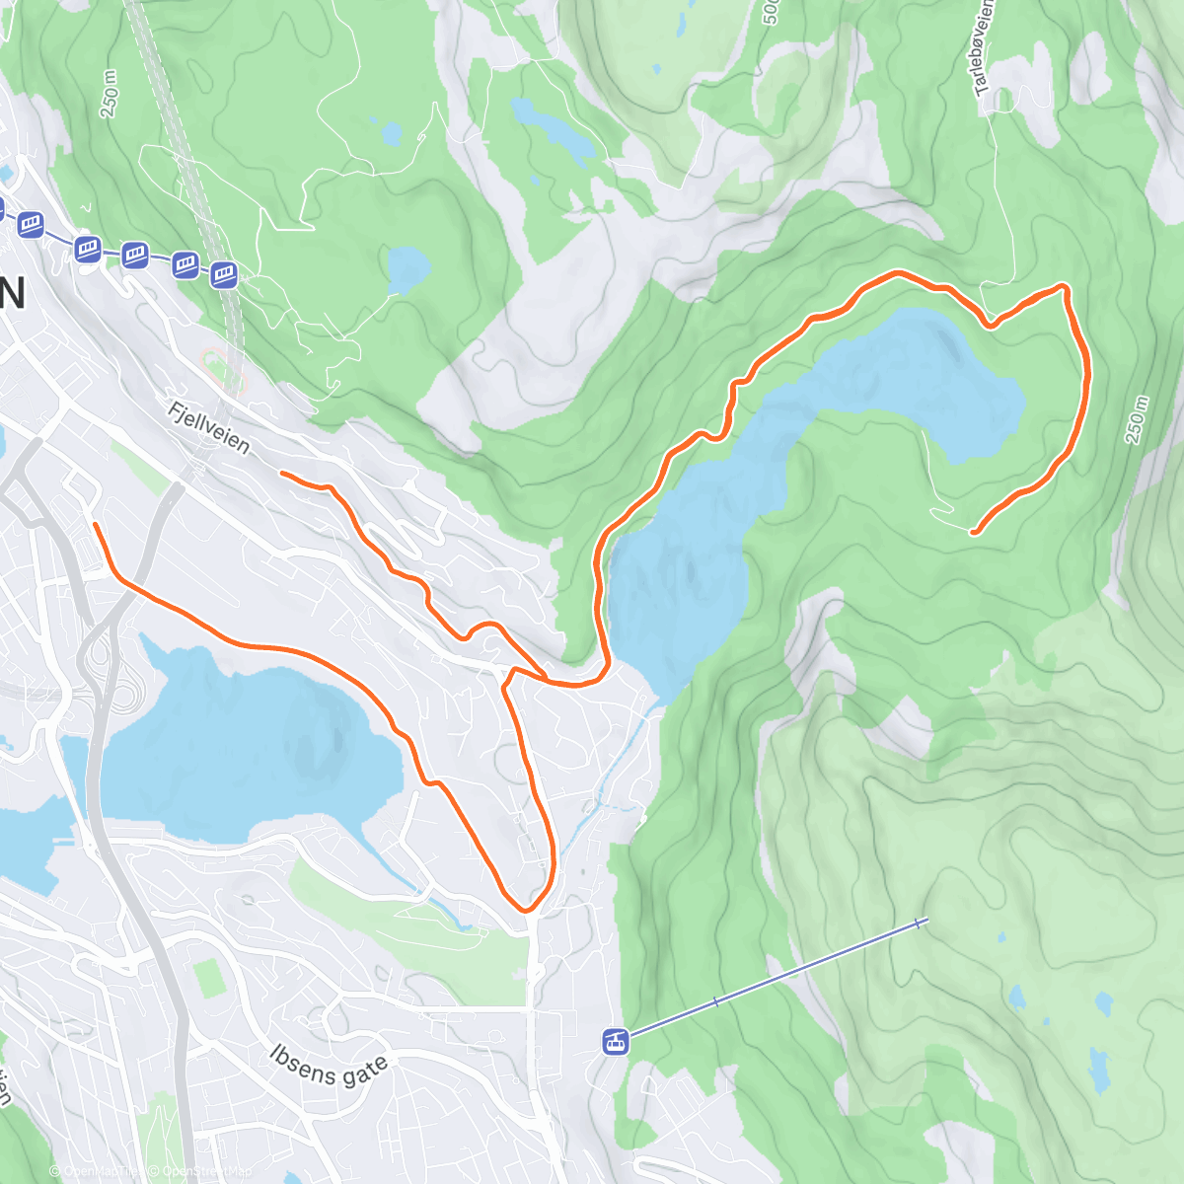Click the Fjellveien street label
click(208, 427)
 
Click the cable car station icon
click(616, 1041)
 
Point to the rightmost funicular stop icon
click(224, 273)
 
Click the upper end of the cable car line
click(921, 923)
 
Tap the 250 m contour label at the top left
click(110, 95)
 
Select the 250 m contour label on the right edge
click(1137, 420)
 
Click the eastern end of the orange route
click(974, 533)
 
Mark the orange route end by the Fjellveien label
click(282, 474)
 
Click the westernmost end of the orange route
click(95, 525)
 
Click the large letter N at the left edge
click(12, 293)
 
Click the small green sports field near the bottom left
click(208, 977)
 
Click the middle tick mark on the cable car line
click(716, 1000)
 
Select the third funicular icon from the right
click(134, 256)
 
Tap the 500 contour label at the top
click(771, 12)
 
